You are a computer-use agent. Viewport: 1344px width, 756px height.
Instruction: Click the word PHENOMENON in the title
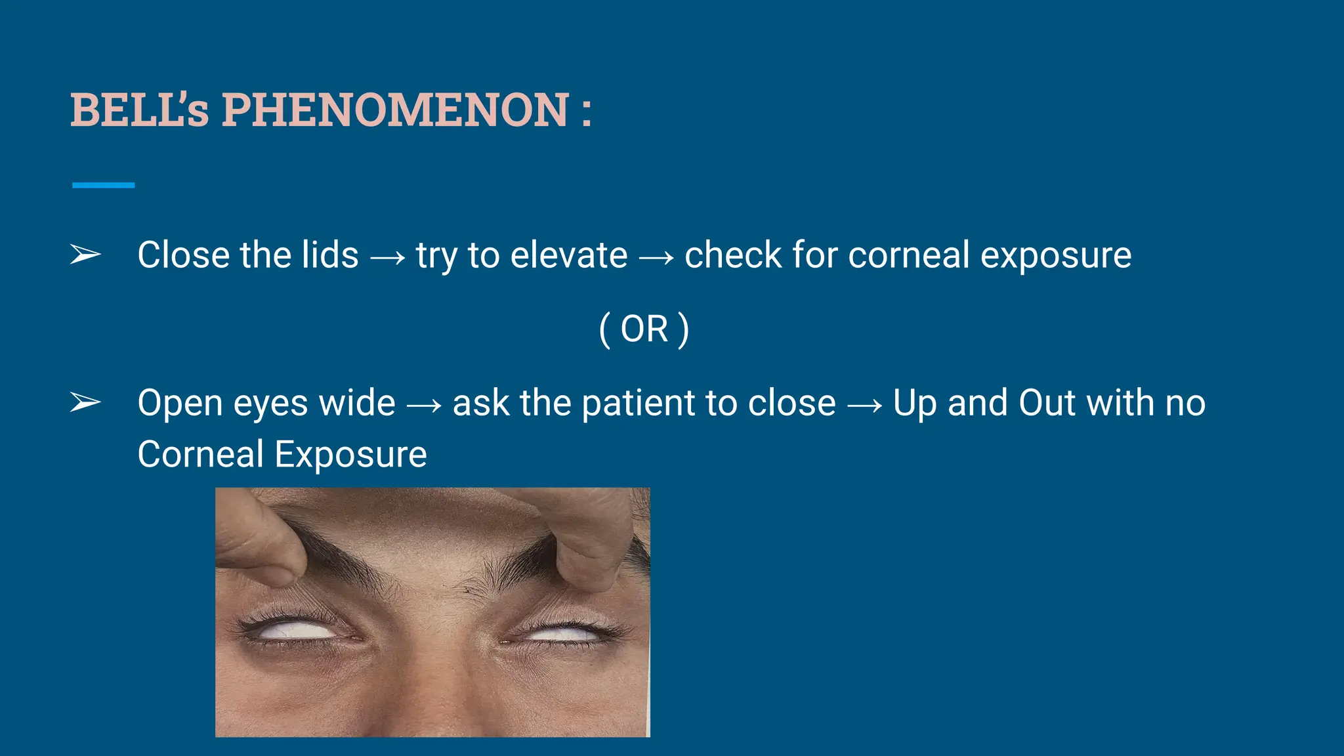[x=394, y=110]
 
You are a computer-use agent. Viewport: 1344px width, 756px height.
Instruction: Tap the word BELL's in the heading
[x=140, y=110]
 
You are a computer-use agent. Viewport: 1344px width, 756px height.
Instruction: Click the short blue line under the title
[x=103, y=185]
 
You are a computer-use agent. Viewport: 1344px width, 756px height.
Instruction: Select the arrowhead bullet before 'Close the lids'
[x=85, y=255]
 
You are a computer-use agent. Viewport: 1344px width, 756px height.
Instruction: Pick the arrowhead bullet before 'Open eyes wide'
[x=85, y=402]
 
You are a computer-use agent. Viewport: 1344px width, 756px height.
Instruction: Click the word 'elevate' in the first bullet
[x=569, y=255]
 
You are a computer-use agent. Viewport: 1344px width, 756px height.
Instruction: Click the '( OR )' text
[x=644, y=329]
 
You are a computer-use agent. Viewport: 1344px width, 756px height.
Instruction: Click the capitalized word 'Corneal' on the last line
[x=201, y=454]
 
